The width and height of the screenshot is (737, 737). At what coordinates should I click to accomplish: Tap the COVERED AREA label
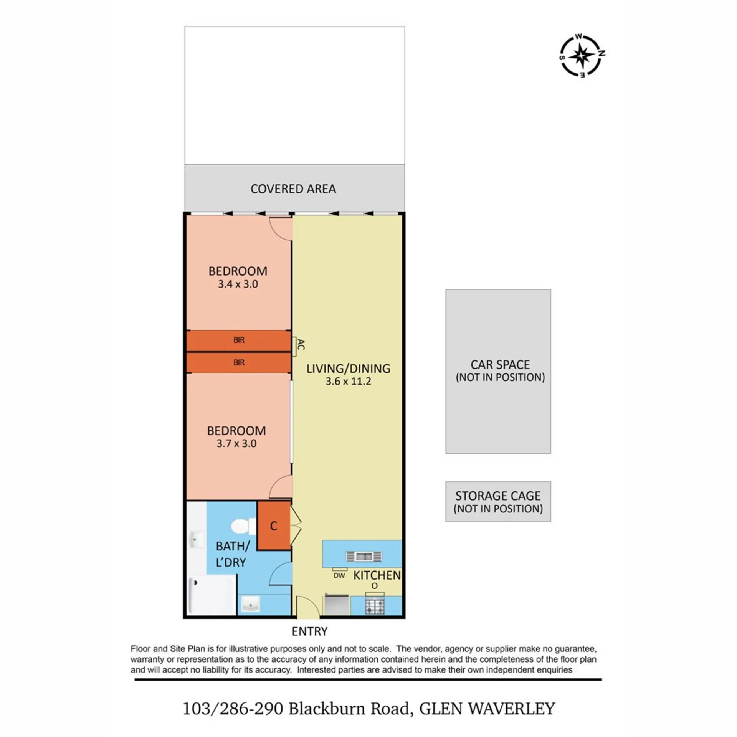(293, 189)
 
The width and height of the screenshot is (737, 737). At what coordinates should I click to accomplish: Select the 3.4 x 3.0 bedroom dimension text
(238, 284)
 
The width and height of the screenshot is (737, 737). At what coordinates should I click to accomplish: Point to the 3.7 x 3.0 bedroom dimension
(236, 443)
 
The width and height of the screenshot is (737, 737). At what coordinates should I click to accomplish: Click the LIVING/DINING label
(348, 368)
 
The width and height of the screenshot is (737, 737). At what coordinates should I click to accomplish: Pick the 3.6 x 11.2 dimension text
(348, 381)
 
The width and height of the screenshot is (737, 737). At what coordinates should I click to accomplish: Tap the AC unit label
(301, 344)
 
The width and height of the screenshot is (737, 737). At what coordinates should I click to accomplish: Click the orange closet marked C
(273, 525)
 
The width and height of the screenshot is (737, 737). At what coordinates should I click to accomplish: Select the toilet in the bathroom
(243, 526)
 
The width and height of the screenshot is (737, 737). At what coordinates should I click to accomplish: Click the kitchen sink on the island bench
(364, 556)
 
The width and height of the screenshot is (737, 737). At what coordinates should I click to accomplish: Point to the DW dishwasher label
(339, 575)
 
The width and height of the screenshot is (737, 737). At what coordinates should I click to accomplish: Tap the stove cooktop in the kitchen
(374, 605)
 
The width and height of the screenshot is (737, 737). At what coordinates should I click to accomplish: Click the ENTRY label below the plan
(309, 631)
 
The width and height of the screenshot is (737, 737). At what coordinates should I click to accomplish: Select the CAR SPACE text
(500, 364)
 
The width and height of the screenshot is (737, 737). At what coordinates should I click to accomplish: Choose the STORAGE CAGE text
(498, 496)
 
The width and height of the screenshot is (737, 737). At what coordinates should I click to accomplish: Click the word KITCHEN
(377, 575)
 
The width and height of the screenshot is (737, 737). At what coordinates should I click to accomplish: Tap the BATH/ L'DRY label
(232, 554)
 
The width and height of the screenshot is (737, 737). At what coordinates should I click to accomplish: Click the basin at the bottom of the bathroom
(251, 606)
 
